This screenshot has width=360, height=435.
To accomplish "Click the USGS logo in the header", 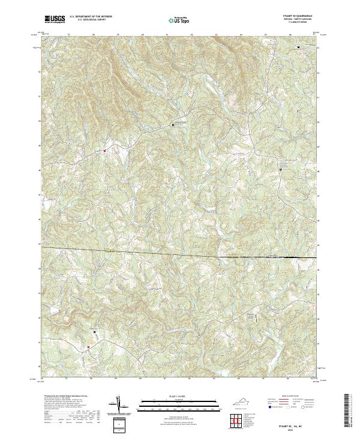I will coord(55,19).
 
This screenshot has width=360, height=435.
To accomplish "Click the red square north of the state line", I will coord(104,151).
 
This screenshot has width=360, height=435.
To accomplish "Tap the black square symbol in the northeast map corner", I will coord(299,46).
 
